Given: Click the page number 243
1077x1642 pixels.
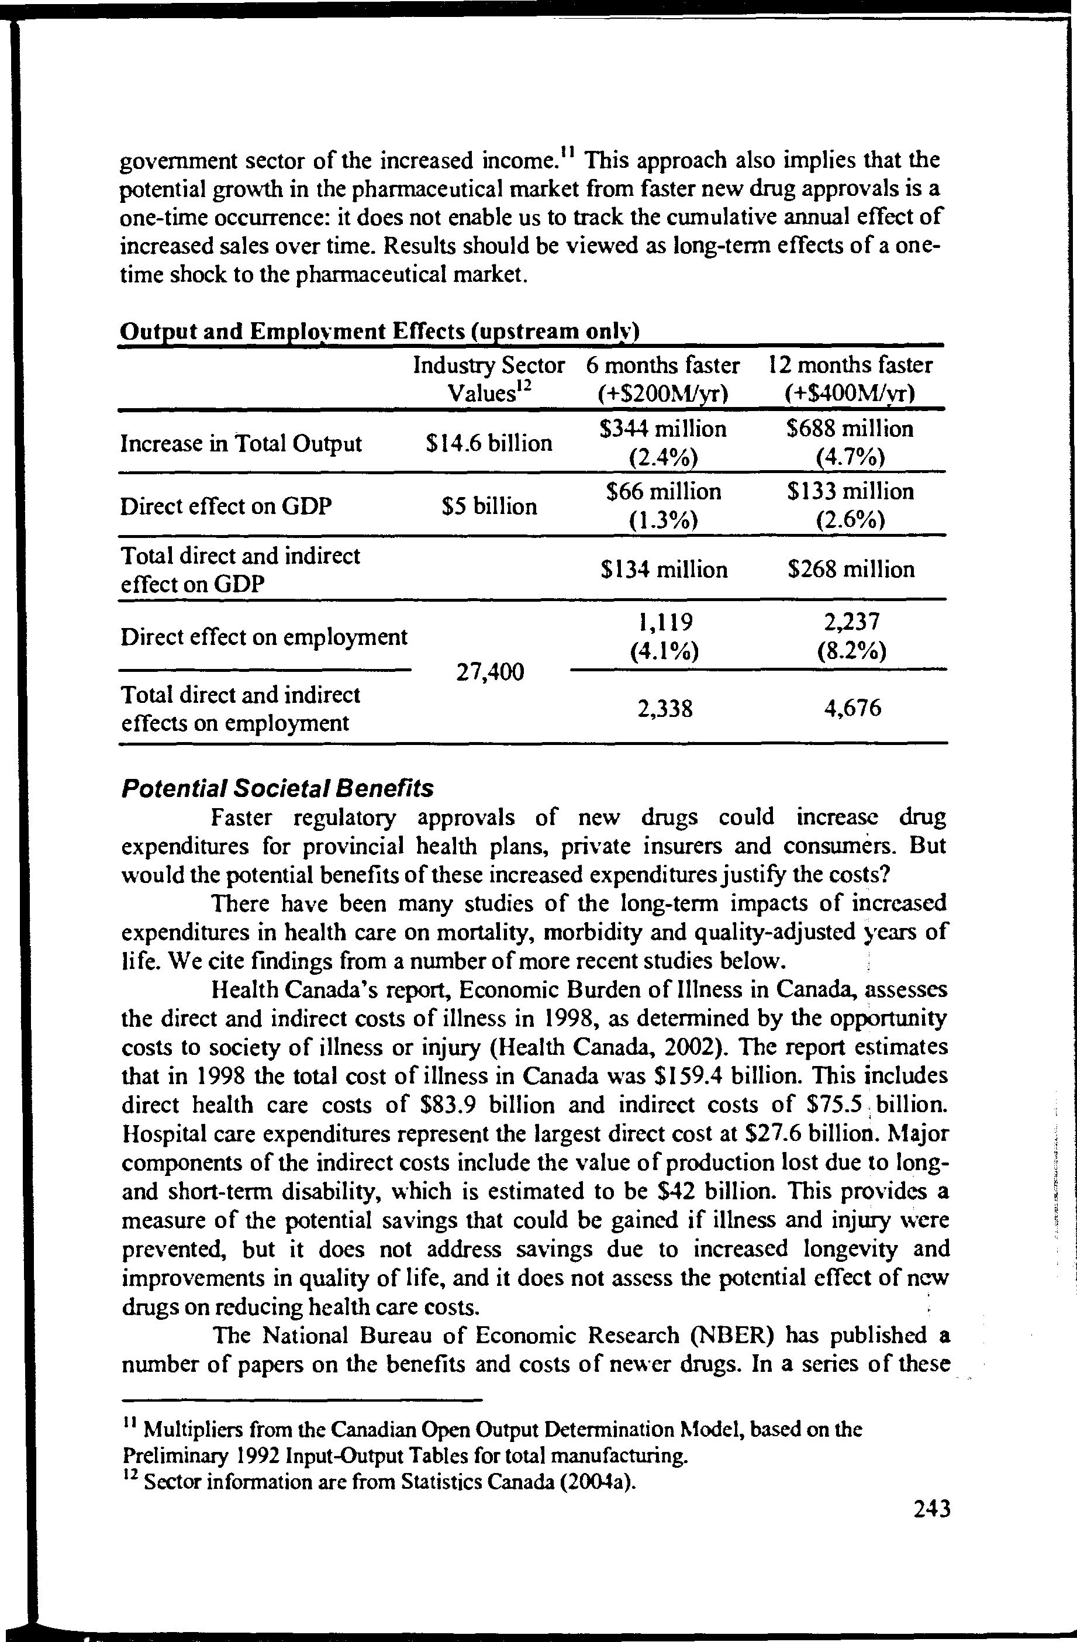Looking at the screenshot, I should (x=932, y=1509).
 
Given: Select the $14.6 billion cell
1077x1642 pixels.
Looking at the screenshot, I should (x=489, y=443).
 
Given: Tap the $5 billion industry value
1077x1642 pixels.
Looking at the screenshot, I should (x=489, y=506).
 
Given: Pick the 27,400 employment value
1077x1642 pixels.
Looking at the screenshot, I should (x=490, y=671).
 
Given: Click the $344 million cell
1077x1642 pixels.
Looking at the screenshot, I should (x=663, y=429).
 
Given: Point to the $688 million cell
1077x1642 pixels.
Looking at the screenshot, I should (x=850, y=429).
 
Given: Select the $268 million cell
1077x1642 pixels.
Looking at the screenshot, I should (x=851, y=570).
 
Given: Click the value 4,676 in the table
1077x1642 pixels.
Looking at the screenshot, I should (x=852, y=709).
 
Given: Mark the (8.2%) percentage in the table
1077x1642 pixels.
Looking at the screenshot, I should (x=851, y=651).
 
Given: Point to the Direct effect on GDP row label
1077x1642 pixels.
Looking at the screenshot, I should (x=226, y=507).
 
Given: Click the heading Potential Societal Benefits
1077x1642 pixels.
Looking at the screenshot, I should (x=277, y=788).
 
